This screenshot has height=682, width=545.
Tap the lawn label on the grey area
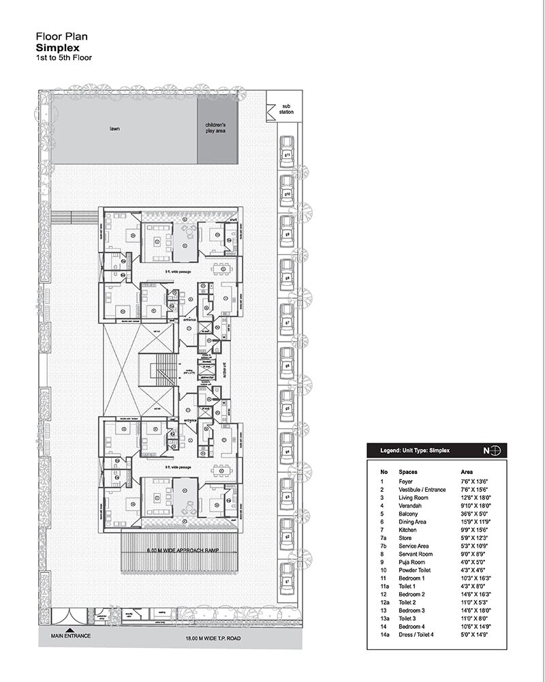coord(115,128)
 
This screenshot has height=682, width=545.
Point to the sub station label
coord(287,108)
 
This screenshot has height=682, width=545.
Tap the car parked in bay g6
coord(287,366)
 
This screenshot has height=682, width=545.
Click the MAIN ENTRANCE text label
coord(71,636)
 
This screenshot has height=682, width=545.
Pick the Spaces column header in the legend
coord(409,471)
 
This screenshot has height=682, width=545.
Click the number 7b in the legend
coord(384,546)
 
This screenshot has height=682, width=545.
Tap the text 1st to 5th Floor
coord(63,59)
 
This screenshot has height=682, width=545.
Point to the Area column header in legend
coord(468,471)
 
